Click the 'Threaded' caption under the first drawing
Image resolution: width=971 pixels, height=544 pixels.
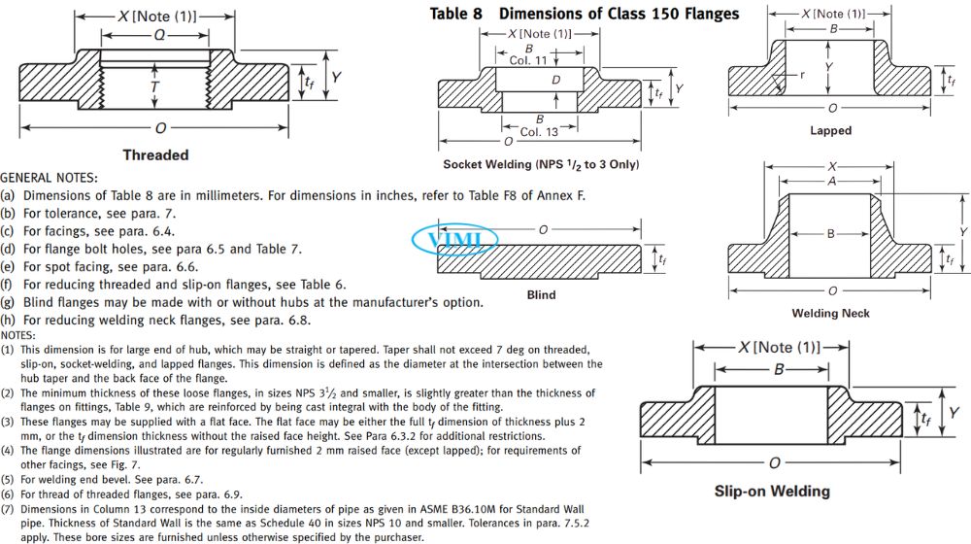click(x=155, y=154)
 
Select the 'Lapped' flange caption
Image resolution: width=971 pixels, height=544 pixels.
click(x=830, y=130)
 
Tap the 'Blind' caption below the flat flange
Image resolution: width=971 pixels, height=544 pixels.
click(x=541, y=294)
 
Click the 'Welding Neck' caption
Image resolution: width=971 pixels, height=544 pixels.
click(x=830, y=313)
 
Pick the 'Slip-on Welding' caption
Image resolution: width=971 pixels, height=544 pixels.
click(x=772, y=491)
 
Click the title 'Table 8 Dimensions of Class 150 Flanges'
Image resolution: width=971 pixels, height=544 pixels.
click(x=584, y=14)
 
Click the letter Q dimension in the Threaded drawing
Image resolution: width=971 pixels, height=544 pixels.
click(x=155, y=34)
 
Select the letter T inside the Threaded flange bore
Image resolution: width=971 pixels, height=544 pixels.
click(x=155, y=87)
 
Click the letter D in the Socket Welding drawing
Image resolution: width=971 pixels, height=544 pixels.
click(x=555, y=80)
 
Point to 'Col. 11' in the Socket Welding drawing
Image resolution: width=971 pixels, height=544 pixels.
click(x=528, y=59)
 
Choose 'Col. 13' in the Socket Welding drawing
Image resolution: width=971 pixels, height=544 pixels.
click(x=539, y=131)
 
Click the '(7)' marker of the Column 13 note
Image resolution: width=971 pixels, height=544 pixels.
click(x=8, y=507)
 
